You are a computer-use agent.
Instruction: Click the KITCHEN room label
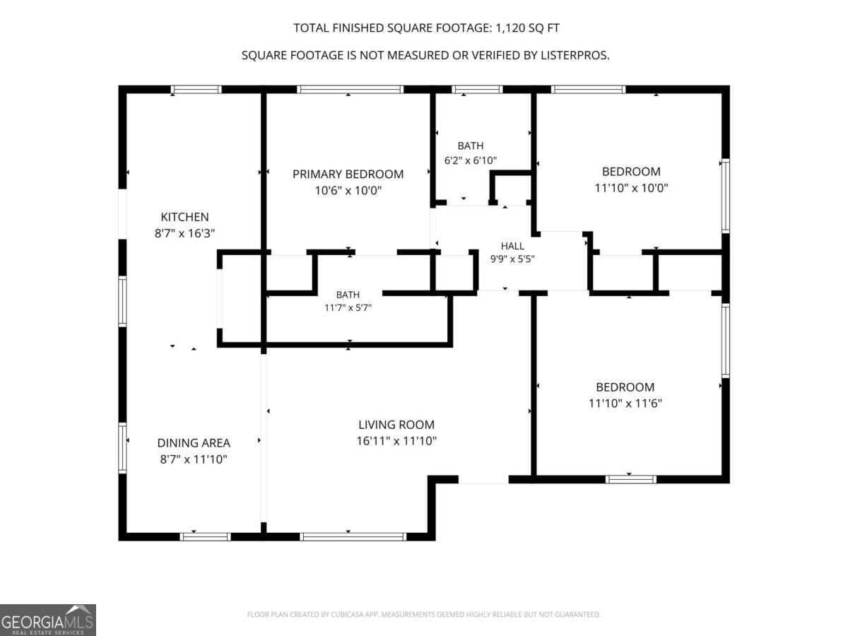[x=184, y=217]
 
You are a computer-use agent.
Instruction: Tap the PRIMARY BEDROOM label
[x=348, y=174]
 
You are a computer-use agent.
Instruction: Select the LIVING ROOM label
[x=396, y=425]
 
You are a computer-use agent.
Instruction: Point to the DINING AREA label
[x=194, y=443]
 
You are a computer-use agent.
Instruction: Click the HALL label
[x=512, y=246]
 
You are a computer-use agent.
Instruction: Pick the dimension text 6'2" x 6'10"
[x=470, y=160]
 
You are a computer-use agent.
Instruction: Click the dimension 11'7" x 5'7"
[x=348, y=308]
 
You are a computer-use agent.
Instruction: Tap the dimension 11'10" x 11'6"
[x=625, y=404]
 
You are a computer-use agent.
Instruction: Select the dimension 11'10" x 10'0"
[x=631, y=188]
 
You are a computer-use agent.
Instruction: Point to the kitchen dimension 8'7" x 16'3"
[x=184, y=234]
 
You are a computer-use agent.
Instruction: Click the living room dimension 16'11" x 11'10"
[x=396, y=441]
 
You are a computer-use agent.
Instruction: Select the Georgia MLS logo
[x=48, y=620]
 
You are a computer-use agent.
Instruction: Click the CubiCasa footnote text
[x=424, y=614]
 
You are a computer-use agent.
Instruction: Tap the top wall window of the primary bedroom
[x=351, y=90]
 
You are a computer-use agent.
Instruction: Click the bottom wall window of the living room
[x=353, y=537]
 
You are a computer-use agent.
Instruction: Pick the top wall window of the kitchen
[x=196, y=90]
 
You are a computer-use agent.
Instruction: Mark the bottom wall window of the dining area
[x=205, y=537]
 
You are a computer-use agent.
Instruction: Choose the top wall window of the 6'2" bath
[x=478, y=90]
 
